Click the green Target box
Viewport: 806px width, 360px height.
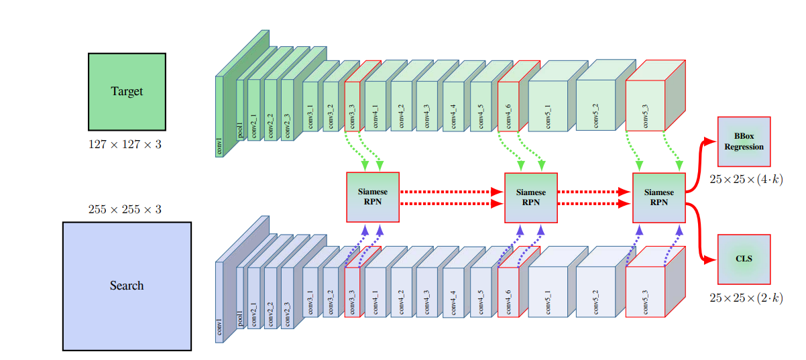click(x=127, y=91)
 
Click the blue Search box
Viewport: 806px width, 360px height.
click(x=127, y=286)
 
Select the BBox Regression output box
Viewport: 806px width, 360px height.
click(x=744, y=141)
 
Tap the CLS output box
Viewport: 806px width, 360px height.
click(x=744, y=259)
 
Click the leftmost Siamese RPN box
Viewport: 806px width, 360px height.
click(x=373, y=196)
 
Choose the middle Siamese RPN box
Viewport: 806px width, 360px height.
click(x=530, y=196)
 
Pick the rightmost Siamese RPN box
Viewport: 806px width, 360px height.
click(x=659, y=196)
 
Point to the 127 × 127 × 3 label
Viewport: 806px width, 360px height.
click(x=125, y=144)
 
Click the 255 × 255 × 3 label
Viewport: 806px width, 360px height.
click(x=125, y=209)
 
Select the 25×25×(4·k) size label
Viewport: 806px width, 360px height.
click(x=746, y=180)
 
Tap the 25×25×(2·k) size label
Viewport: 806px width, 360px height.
click(x=746, y=298)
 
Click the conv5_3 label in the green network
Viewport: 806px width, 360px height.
click(x=645, y=115)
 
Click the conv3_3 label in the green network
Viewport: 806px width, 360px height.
click(x=353, y=115)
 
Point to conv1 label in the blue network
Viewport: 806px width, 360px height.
click(x=219, y=328)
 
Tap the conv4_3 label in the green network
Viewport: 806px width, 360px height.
click(x=426, y=115)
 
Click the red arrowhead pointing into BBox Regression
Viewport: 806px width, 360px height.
click(x=711, y=141)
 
